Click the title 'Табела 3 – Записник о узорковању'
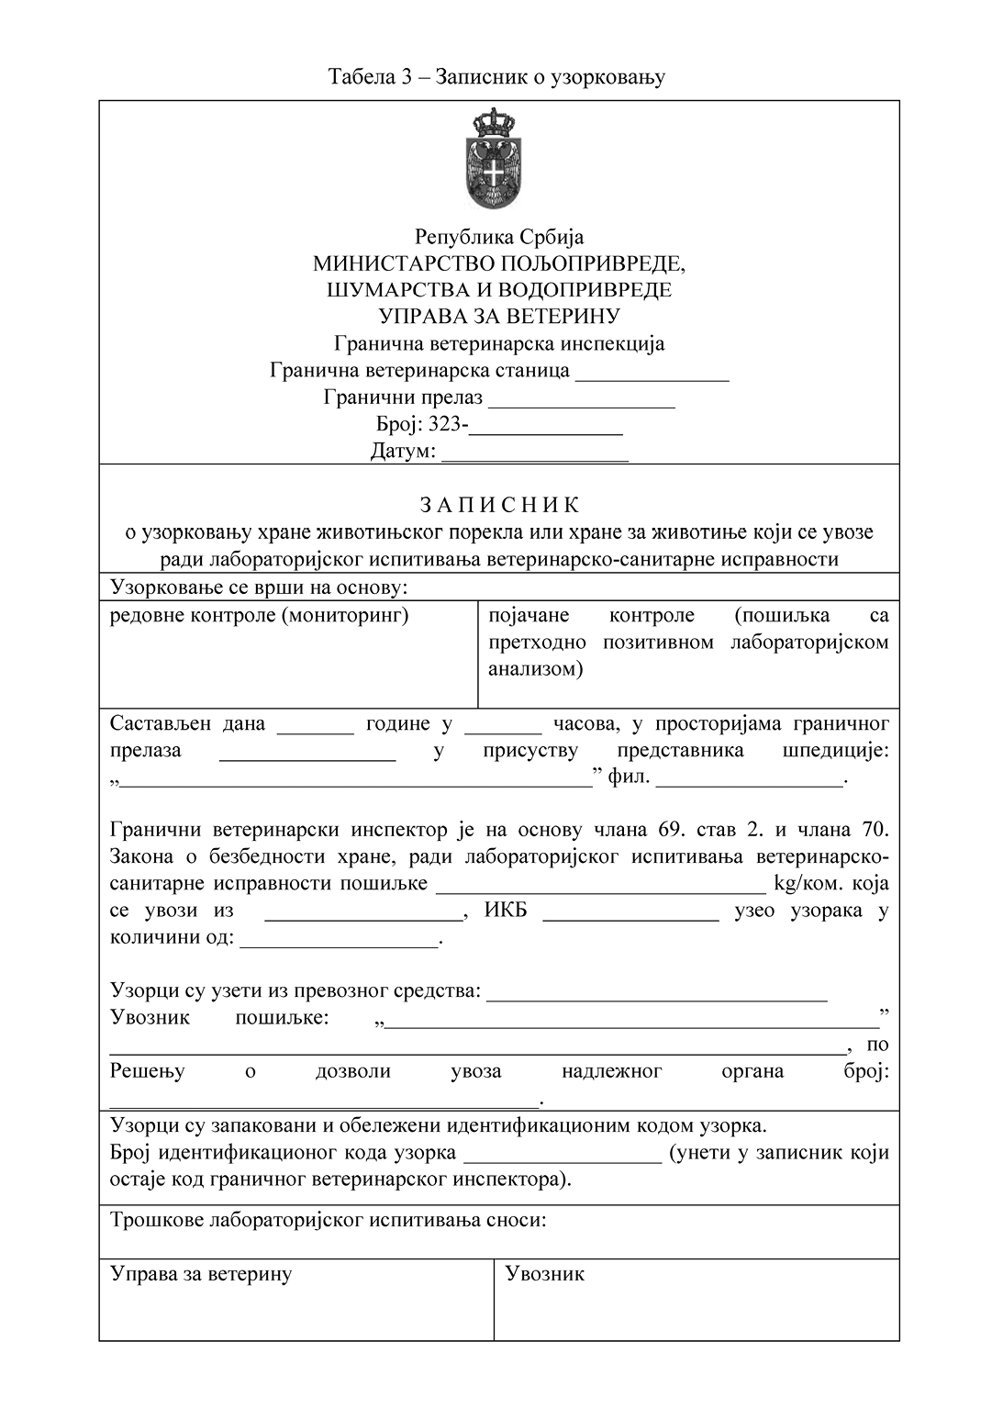pos(496,77)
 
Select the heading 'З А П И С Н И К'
pos(499,506)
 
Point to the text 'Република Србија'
pos(499,238)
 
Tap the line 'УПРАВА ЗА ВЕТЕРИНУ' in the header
pos(499,317)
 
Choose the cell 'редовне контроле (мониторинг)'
pos(259,615)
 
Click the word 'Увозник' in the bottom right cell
pos(545,1274)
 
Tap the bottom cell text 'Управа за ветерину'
pos(201,1274)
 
